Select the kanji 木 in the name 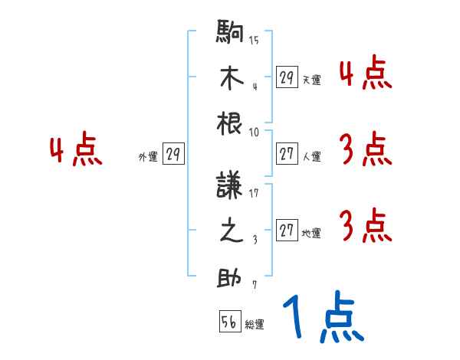(x=231, y=79)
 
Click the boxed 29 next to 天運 (x=287, y=77)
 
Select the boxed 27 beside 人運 (x=287, y=155)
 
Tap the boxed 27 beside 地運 (x=287, y=231)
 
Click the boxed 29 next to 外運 (x=173, y=155)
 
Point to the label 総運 (x=255, y=325)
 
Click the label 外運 (x=147, y=157)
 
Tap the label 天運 (x=311, y=80)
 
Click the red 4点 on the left (x=76, y=151)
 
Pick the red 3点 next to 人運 (x=365, y=150)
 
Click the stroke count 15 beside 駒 (x=254, y=41)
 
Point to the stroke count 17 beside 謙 (x=254, y=193)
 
